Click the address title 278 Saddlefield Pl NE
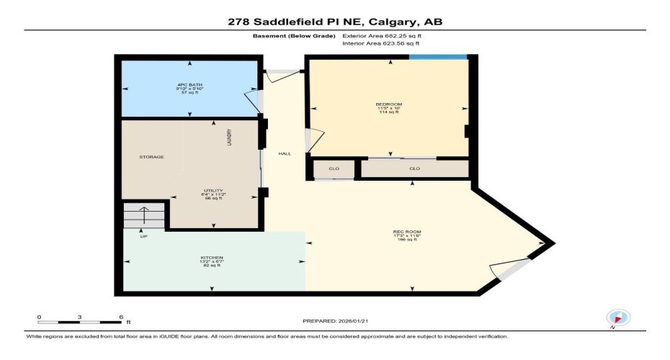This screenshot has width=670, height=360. point(334,22)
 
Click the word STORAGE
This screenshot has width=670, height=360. point(151,157)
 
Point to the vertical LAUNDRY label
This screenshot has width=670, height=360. point(229,138)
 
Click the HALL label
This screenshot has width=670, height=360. point(284,153)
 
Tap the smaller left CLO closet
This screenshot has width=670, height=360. point(334,169)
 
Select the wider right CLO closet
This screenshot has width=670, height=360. point(414,169)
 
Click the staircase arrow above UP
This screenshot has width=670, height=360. point(143,215)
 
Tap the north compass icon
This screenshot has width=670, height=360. point(618,317)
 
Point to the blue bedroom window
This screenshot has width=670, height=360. point(439,57)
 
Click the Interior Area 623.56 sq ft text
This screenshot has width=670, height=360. point(380,43)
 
